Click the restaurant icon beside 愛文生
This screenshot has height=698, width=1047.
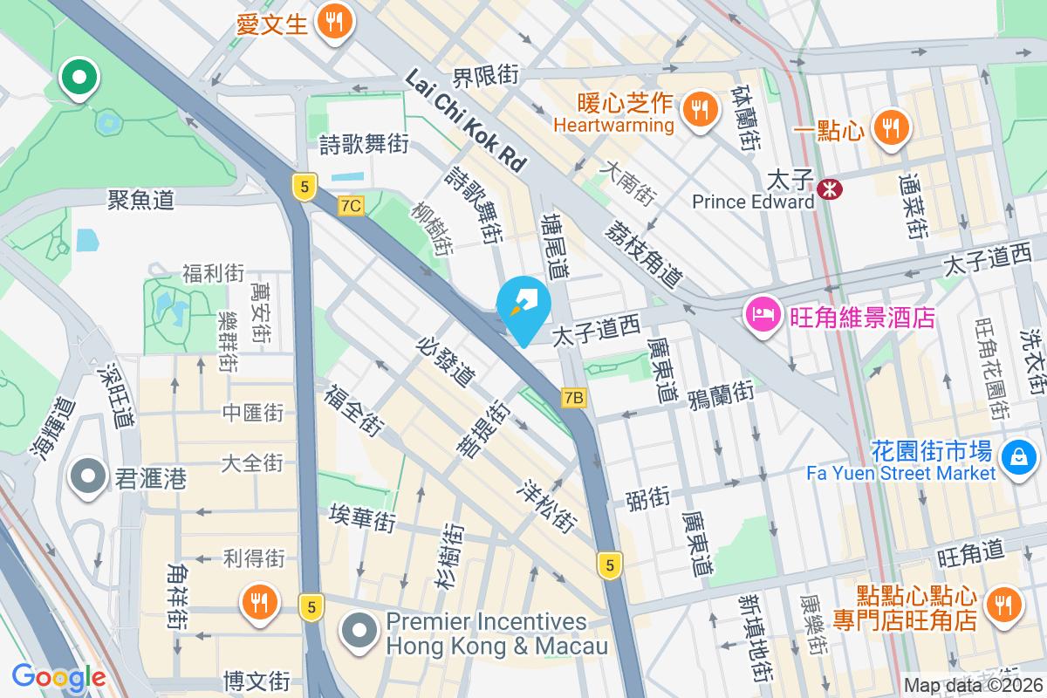coord(334,21)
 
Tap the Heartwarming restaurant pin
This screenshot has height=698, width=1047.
coord(699,109)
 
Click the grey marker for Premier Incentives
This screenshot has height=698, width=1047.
coord(358,632)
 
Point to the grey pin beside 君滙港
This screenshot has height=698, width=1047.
coord(88,477)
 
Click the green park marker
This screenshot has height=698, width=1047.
coord(79,79)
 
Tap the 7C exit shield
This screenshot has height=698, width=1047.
coord(351,206)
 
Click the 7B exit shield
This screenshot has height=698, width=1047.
coord(573,398)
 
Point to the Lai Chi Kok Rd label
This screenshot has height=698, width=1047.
coord(466,120)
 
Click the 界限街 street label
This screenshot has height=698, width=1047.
coord(485,76)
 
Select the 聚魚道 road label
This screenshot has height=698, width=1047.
coord(140,200)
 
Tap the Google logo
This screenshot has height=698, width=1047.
coord(59,676)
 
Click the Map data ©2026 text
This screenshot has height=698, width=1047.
coord(973,686)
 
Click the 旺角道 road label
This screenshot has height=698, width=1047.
coord(971,555)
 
